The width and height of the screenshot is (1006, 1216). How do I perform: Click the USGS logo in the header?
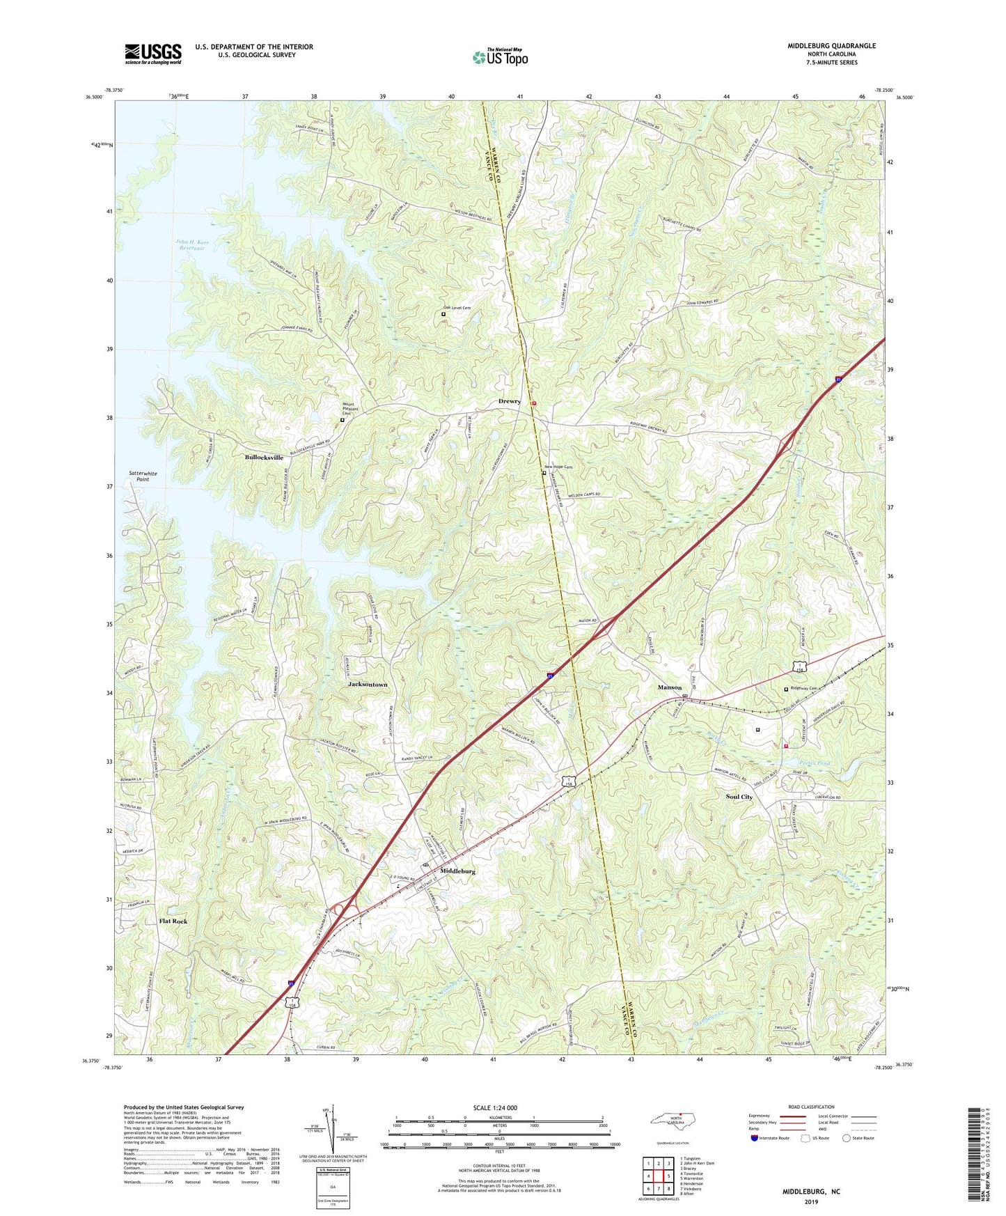tap(153, 54)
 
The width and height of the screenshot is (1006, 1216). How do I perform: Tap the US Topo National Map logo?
tap(500, 57)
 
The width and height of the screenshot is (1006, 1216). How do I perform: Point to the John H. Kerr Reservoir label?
tap(194, 244)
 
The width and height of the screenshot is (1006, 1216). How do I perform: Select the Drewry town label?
tap(509, 402)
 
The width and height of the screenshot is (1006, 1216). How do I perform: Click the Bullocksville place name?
tap(264, 458)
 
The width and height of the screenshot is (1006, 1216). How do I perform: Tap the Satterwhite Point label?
tap(143, 476)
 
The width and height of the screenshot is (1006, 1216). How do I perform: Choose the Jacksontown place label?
tap(368, 685)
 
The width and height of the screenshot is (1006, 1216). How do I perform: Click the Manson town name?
tap(670, 687)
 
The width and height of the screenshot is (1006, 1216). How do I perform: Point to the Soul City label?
tap(739, 797)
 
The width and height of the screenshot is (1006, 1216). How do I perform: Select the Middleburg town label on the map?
tap(457, 871)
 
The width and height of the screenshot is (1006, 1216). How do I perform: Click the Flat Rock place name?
tap(173, 921)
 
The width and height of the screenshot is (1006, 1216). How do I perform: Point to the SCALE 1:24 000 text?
tap(495, 1108)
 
